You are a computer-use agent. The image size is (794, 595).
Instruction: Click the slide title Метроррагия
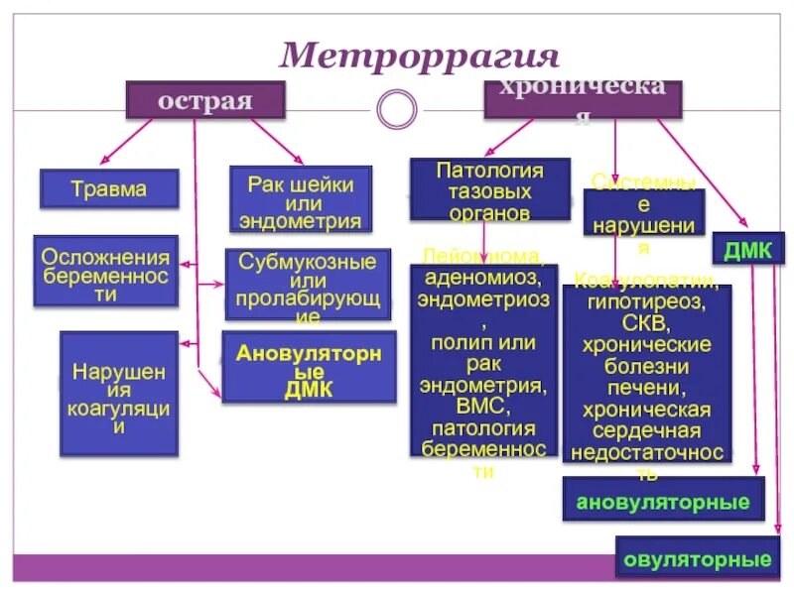point(420,54)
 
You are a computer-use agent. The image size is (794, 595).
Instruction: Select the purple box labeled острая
point(204,100)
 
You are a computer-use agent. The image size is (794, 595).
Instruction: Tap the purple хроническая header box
point(583,100)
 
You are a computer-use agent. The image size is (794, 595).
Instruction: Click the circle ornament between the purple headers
point(397,108)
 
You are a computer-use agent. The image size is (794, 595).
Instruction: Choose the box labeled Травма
point(109,188)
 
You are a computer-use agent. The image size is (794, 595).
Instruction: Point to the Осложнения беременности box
point(105,270)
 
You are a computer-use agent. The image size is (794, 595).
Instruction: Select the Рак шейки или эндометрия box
point(300,198)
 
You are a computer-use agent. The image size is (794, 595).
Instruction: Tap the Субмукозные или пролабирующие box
point(308,284)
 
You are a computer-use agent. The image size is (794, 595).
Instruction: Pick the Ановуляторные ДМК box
point(309,367)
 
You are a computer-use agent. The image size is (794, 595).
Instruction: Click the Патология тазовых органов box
point(490,188)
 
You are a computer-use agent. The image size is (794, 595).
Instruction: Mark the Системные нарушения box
point(643,212)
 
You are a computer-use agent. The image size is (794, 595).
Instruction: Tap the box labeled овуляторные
point(697,559)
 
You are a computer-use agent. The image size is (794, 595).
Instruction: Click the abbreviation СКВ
point(646,323)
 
